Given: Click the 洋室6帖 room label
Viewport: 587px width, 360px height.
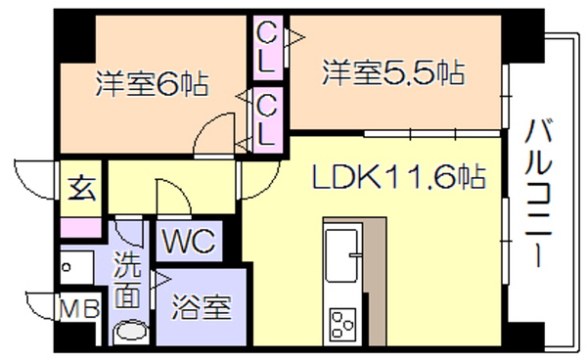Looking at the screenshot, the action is click(x=153, y=83).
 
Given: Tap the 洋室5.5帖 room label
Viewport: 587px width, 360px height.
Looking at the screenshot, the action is click(x=393, y=72).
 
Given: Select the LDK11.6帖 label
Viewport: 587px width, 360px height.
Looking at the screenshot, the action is click(x=399, y=176).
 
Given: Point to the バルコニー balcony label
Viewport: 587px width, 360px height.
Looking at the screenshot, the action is click(x=538, y=193).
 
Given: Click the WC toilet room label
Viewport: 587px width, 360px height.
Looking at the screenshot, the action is click(x=189, y=241).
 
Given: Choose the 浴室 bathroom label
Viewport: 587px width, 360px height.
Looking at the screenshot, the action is click(x=202, y=307).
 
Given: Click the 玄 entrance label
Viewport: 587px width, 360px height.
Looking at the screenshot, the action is click(x=81, y=188).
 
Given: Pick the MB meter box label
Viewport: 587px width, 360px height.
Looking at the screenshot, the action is click(x=80, y=309).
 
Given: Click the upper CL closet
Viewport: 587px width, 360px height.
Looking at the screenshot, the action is click(x=268, y=48).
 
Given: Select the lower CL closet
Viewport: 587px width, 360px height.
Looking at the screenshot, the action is click(x=268, y=120).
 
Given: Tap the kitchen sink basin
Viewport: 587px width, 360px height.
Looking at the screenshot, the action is click(x=341, y=256).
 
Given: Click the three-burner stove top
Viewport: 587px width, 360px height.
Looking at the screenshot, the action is click(x=342, y=323).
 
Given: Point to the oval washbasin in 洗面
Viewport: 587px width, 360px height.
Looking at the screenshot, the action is click(x=131, y=332).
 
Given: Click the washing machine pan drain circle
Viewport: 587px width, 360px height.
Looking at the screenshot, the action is click(x=67, y=267).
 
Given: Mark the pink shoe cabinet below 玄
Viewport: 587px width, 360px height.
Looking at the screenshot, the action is click(x=81, y=228).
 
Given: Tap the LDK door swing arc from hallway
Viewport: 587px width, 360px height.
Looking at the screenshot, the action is click(x=269, y=187).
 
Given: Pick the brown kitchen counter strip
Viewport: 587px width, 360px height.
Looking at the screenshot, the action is click(x=375, y=281).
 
